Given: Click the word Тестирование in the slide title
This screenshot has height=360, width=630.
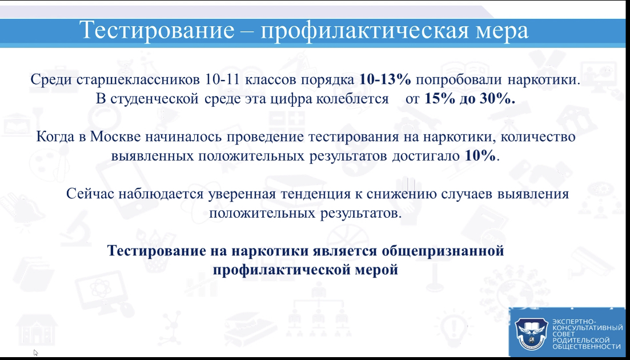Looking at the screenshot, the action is click(x=157, y=30).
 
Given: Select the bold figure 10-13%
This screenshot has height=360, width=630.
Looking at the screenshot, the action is click(x=386, y=79).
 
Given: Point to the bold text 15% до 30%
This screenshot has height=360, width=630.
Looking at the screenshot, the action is click(x=470, y=99).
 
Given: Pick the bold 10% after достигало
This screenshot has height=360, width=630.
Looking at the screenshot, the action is click(x=480, y=156).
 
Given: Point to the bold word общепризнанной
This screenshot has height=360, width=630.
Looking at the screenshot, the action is click(x=442, y=251).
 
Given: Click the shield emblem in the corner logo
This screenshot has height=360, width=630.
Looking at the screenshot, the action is click(x=531, y=333).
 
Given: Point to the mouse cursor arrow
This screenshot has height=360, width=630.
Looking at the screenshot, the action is click(x=36, y=353).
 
